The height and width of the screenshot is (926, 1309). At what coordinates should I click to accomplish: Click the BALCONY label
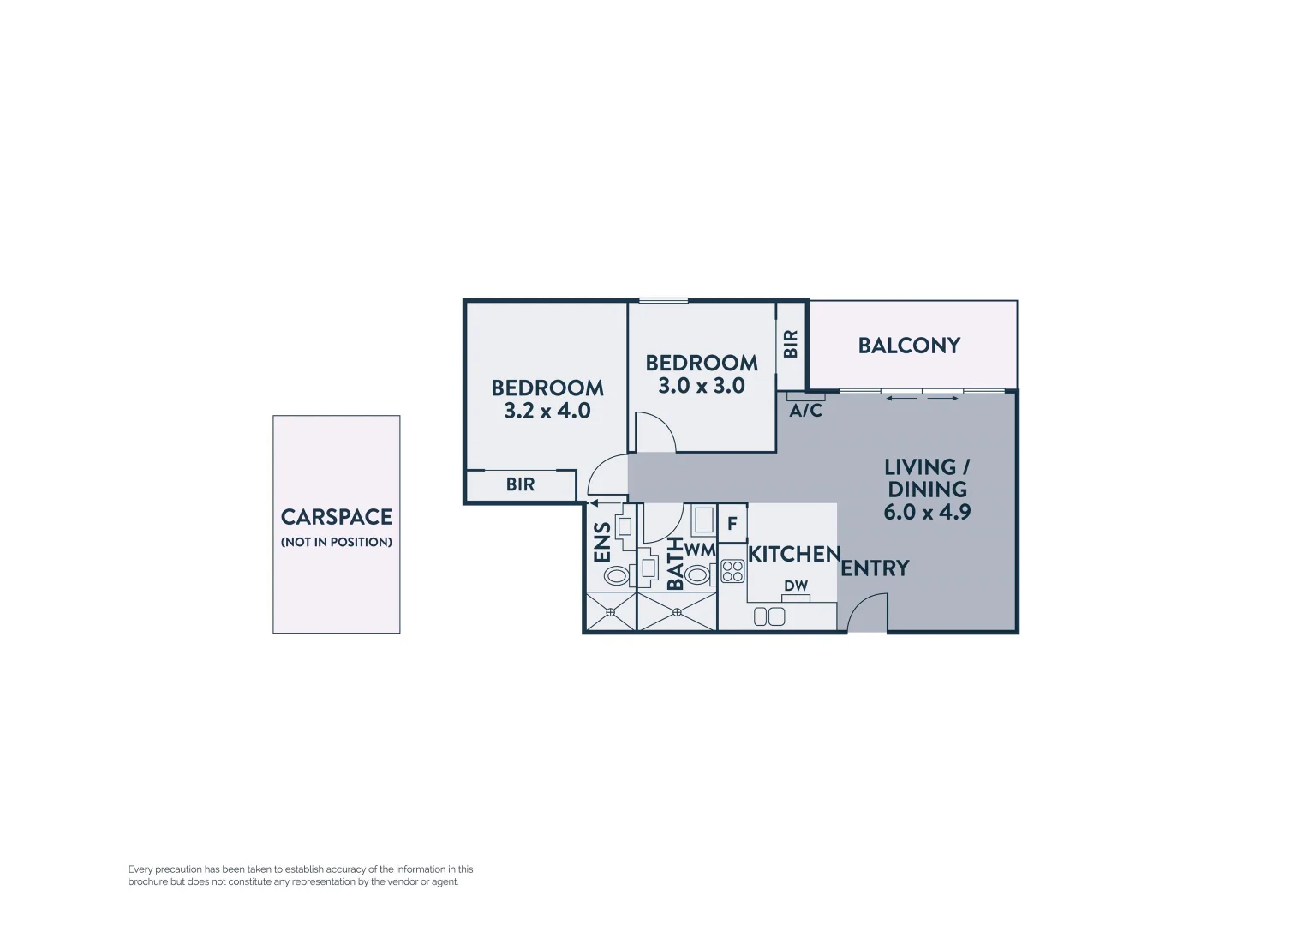pyautogui.click(x=909, y=346)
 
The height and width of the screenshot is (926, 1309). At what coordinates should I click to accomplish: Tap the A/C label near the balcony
pyautogui.click(x=805, y=412)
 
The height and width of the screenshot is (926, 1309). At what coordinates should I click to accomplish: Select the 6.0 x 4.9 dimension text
pyautogui.click(x=927, y=513)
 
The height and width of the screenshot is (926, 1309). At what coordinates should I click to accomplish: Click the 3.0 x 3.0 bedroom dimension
pyautogui.click(x=701, y=386)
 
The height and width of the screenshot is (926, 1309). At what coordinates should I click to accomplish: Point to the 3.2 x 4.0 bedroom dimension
pyautogui.click(x=547, y=411)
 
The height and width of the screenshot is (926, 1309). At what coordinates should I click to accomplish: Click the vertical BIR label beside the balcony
pyautogui.click(x=791, y=344)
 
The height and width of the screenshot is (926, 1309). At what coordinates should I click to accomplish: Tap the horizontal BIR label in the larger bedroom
pyautogui.click(x=520, y=484)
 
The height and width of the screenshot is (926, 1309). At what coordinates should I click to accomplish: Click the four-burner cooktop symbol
pyautogui.click(x=732, y=571)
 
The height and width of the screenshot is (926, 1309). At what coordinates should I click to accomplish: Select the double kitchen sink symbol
pyautogui.click(x=769, y=616)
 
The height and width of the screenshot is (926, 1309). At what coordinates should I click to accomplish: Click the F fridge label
pyautogui.click(x=732, y=523)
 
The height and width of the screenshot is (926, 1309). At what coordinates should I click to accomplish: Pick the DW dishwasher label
pyautogui.click(x=796, y=586)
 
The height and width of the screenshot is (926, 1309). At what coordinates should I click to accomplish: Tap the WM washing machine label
pyautogui.click(x=700, y=550)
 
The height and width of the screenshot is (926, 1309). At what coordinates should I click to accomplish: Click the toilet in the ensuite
pyautogui.click(x=616, y=574)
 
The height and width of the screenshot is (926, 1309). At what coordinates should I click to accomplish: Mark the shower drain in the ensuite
pyautogui.click(x=611, y=611)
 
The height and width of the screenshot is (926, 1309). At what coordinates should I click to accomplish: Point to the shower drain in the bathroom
pyautogui.click(x=677, y=611)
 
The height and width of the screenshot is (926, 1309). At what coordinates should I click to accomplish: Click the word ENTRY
pyautogui.click(x=875, y=568)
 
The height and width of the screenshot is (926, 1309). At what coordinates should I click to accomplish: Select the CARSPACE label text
pyautogui.click(x=337, y=517)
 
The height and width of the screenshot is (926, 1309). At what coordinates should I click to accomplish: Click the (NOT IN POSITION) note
pyautogui.click(x=337, y=542)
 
